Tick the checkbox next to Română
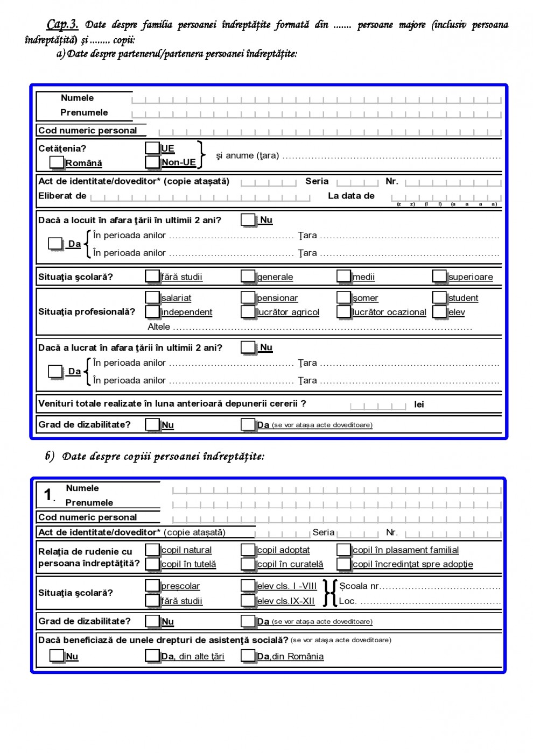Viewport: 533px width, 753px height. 57,162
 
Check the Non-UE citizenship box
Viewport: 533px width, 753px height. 152,162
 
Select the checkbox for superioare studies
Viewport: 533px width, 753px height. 439,276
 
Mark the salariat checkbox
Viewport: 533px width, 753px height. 152,297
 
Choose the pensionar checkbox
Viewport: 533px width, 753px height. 248,297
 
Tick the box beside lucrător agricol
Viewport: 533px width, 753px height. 248,311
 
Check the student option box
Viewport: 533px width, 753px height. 439,297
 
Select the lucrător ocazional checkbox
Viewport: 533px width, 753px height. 343,311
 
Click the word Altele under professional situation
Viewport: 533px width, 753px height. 159,326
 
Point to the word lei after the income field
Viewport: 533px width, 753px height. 419,404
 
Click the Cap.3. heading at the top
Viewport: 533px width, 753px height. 62,24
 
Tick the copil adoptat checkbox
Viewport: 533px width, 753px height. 248,550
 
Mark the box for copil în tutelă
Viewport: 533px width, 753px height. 152,564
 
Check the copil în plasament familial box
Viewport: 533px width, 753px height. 343,550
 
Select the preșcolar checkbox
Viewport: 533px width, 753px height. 152,586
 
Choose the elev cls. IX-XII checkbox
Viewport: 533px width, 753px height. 248,600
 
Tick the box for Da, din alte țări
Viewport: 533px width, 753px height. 152,656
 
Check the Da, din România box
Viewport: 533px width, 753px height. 248,656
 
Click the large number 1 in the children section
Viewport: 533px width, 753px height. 48,494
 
